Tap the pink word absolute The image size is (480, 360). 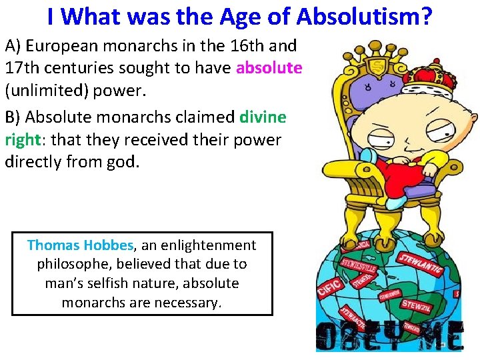coord(269,67)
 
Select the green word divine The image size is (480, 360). coord(263,117)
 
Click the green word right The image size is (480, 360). coord(23,140)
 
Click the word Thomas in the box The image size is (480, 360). coord(53,245)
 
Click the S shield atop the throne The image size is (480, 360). coord(377,67)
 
